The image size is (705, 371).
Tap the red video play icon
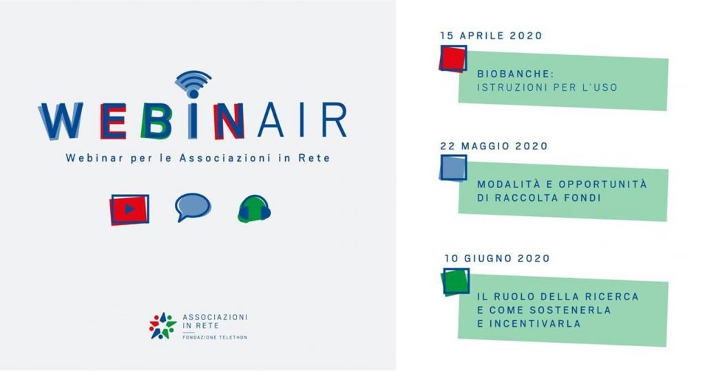point(129,209)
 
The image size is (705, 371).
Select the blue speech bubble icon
point(193,207)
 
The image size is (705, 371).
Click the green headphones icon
point(254,209)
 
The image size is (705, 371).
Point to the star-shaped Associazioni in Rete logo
point(162,326)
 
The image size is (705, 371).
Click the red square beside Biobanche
point(453,59)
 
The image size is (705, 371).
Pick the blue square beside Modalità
point(453,168)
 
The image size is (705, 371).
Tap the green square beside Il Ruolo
point(456,282)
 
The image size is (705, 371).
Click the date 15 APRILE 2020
point(492,36)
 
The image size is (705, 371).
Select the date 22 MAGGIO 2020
point(494,146)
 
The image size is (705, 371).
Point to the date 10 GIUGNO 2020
point(497,259)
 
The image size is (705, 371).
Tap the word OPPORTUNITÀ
point(603,184)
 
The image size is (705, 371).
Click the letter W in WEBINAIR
point(61,120)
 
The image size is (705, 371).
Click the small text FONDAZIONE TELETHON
point(215,337)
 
